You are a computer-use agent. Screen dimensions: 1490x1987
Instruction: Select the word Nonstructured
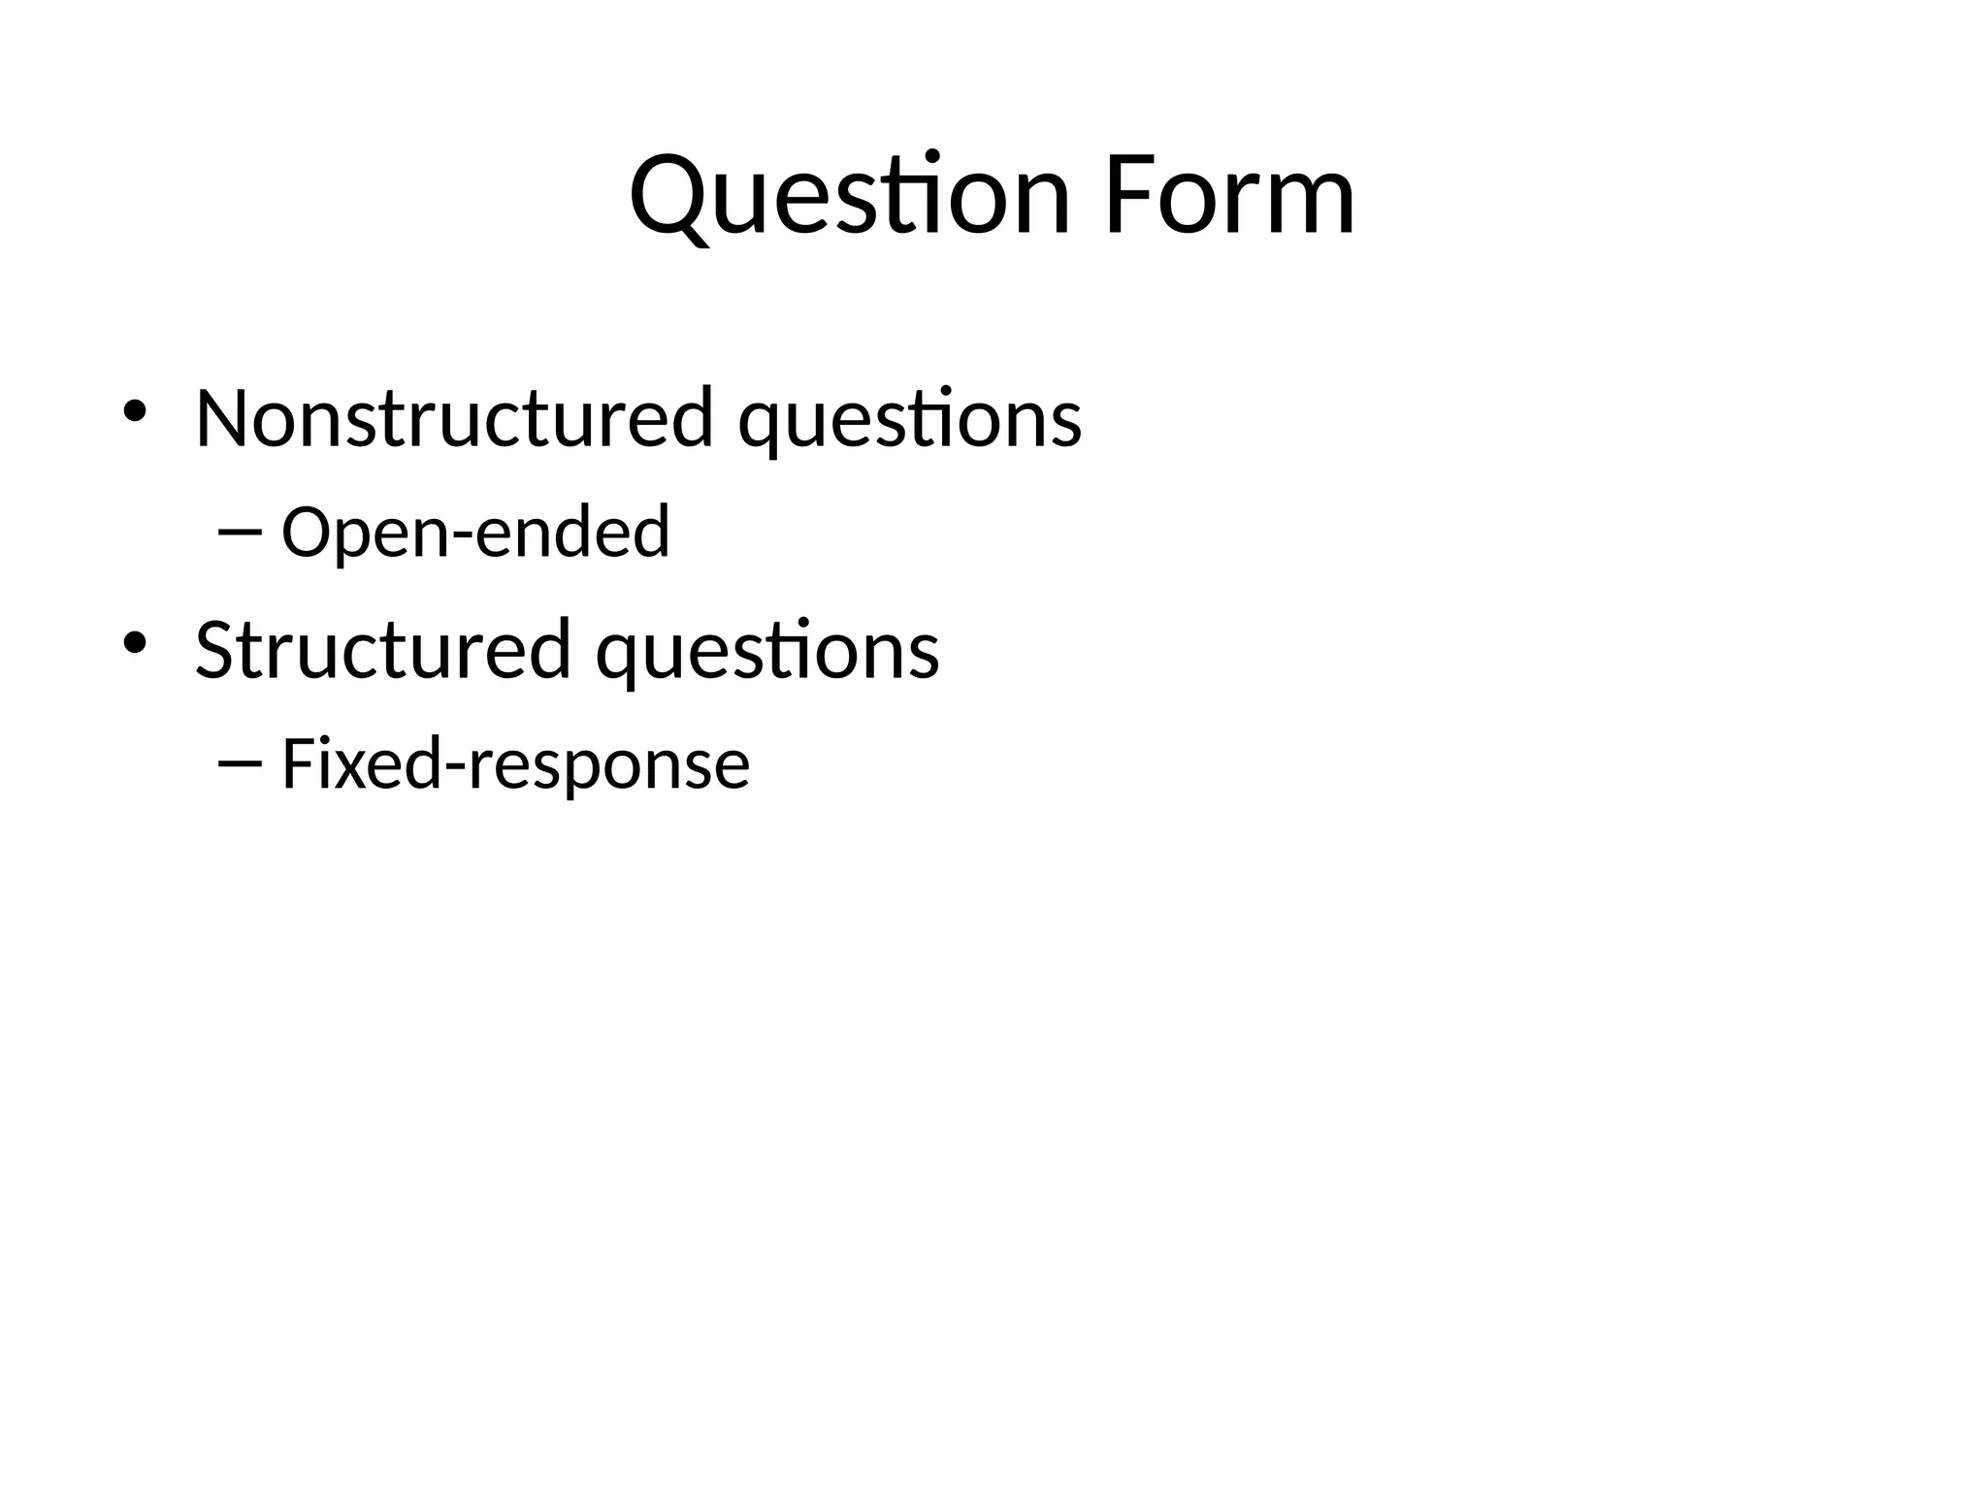(454, 419)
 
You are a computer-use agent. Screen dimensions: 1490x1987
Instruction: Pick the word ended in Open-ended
(573, 532)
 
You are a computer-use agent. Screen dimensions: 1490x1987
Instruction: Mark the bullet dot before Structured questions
(134, 643)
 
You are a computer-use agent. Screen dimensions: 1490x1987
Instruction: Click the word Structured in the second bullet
(382, 650)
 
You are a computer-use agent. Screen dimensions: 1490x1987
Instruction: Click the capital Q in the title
(670, 198)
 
